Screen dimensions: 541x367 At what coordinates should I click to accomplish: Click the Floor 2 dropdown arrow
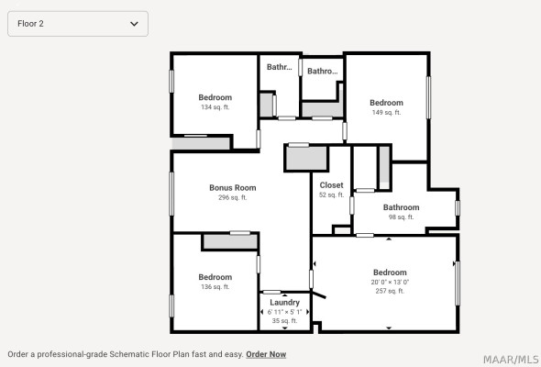pyautogui.click(x=134, y=24)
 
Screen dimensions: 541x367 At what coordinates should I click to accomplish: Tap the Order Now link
pyautogui.click(x=266, y=354)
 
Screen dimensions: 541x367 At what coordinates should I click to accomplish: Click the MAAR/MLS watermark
pyautogui.click(x=511, y=360)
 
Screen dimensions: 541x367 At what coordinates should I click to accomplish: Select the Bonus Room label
pyautogui.click(x=233, y=188)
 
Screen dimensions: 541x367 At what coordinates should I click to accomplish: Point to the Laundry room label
pyautogui.click(x=284, y=303)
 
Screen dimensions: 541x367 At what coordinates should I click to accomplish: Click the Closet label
pyautogui.click(x=331, y=185)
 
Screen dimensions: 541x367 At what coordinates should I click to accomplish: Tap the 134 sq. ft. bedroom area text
pyautogui.click(x=215, y=107)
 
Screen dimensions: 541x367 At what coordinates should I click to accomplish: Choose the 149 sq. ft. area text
pyautogui.click(x=386, y=112)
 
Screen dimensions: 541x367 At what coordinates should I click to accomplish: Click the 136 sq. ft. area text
pyautogui.click(x=215, y=286)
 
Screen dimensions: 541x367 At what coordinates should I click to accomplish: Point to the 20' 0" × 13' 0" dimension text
pyautogui.click(x=390, y=282)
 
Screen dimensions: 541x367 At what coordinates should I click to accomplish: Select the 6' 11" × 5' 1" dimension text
pyautogui.click(x=284, y=312)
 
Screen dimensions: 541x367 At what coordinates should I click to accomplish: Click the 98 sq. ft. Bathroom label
pyautogui.click(x=402, y=207)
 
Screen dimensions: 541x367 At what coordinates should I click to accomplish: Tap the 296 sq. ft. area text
pyautogui.click(x=233, y=197)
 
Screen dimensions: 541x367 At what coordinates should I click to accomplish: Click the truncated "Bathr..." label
pyautogui.click(x=279, y=67)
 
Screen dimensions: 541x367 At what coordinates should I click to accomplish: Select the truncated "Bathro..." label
pyautogui.click(x=323, y=72)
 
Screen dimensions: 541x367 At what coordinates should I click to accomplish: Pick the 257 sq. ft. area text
pyautogui.click(x=390, y=291)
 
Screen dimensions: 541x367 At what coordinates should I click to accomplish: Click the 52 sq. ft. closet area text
pyautogui.click(x=331, y=195)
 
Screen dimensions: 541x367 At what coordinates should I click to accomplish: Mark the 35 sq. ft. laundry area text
pyautogui.click(x=284, y=321)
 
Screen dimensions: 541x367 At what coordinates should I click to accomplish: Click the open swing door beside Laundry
pyautogui.click(x=318, y=295)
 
